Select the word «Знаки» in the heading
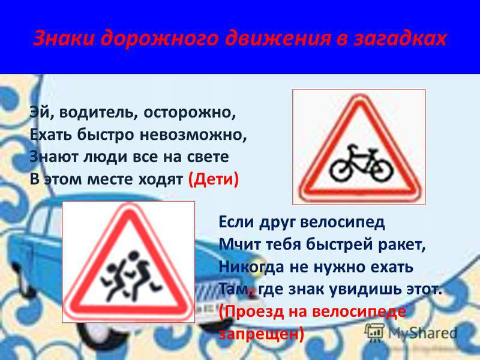coord(64,38)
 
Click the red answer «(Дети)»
coord(214,179)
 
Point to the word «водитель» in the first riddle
coord(96,113)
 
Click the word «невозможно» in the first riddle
coord(193,135)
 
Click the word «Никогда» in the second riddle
coord(251,267)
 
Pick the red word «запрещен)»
coord(261,334)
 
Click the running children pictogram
coord(131,275)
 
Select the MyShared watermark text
coord(423,333)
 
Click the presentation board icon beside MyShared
coord(374,333)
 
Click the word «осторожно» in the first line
coord(190,113)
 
